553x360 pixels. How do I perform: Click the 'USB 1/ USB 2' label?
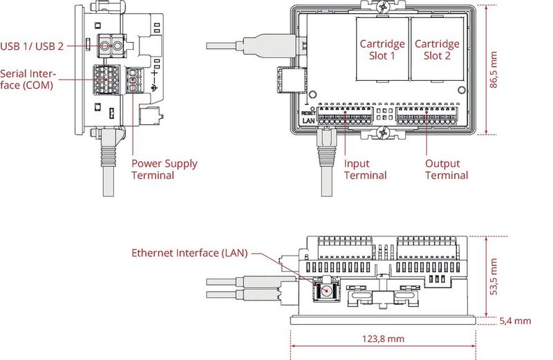[32, 46]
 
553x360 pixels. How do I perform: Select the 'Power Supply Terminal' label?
[165, 169]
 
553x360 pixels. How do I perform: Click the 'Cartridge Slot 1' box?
[382, 50]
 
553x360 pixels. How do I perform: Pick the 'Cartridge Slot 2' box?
[438, 50]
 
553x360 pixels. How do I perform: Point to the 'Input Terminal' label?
[366, 169]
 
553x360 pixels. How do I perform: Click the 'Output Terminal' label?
[447, 169]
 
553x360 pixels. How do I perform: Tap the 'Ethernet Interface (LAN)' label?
[189, 253]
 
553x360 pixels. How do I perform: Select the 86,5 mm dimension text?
[494, 69]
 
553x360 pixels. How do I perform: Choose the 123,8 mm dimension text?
[382, 339]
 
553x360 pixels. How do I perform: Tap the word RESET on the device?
[308, 113]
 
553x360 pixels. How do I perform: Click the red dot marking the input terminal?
[344, 111]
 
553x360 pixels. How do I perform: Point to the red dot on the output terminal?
[426, 111]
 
